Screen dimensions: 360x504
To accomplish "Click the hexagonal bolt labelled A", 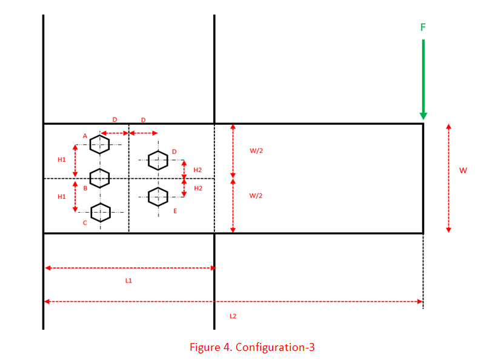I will (100, 144).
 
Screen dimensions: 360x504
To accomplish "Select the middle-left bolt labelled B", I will (100, 178).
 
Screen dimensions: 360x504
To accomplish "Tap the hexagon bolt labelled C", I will (100, 212).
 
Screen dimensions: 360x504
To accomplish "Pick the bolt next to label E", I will (157, 196).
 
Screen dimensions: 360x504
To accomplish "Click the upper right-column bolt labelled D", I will (157, 160).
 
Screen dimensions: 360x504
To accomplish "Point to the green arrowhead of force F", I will (423, 115).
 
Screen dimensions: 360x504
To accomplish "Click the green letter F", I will (423, 27).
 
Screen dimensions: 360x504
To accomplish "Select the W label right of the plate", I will (463, 170).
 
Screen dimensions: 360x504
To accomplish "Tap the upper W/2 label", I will (256, 151).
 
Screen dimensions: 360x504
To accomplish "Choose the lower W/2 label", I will (256, 195).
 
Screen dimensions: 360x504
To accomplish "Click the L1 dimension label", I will (128, 281).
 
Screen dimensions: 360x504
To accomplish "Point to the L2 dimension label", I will (233, 316).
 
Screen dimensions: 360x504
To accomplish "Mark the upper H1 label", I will (62, 159).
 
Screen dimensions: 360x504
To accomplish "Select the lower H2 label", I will (198, 188).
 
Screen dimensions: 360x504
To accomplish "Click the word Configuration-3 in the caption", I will (275, 347).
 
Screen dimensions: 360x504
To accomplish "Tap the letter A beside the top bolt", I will (85, 136).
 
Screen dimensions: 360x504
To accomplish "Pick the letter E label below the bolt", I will (175, 210).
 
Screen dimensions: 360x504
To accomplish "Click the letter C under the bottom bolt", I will (85, 223).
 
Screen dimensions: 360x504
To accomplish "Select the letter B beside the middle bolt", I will (85, 188).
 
